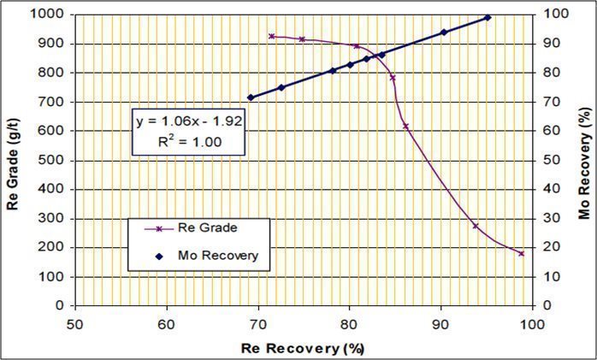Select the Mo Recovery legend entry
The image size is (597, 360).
(x=217, y=255)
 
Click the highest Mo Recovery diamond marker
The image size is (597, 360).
(x=488, y=17)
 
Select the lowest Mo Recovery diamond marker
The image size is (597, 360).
(x=251, y=97)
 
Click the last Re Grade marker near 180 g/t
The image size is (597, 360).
(x=521, y=253)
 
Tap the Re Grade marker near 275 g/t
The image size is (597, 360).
(x=476, y=226)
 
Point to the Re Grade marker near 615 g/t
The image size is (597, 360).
(x=406, y=126)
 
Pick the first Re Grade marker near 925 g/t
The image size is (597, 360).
(x=271, y=36)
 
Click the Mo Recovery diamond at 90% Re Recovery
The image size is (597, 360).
(x=444, y=32)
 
